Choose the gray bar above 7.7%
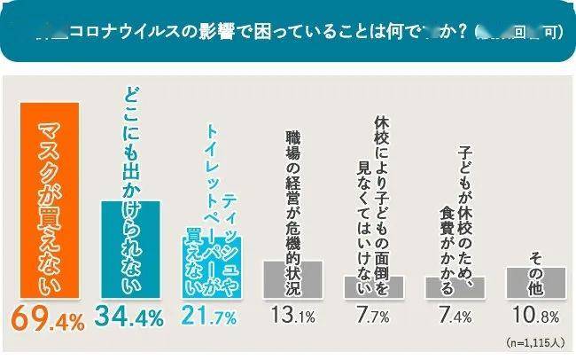373,287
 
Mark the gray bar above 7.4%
454,288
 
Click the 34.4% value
129,317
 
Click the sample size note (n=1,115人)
535,341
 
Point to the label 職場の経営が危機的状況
292,194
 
